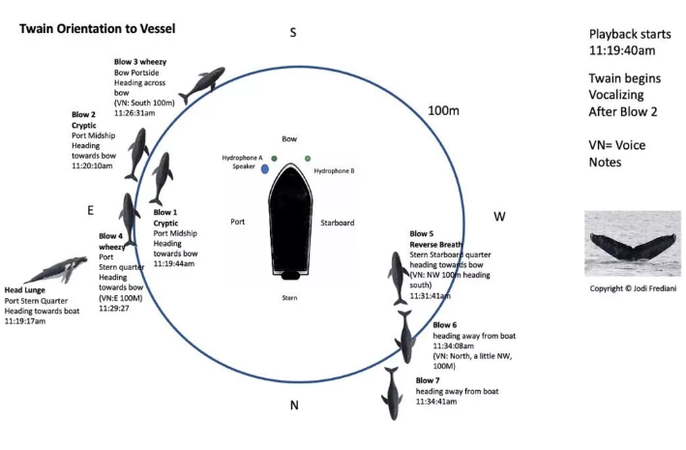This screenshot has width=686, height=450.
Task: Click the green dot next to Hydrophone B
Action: point(308,158)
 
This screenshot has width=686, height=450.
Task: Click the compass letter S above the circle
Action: point(293,34)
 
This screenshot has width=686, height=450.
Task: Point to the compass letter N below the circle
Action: point(294,405)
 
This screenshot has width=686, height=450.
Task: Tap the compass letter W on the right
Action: point(499,216)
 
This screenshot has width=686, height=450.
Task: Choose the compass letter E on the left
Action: point(90,209)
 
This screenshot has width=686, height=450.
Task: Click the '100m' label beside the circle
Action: point(443,111)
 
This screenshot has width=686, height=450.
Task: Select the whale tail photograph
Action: point(632,237)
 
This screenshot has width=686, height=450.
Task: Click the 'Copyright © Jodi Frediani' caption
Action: point(632,287)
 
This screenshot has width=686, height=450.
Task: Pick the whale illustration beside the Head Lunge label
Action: point(62,270)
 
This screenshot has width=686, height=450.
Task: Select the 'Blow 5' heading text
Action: point(423,233)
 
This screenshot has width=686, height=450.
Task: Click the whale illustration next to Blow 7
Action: point(392,392)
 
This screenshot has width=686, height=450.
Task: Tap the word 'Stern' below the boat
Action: point(289,296)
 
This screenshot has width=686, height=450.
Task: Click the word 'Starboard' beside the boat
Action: point(337,223)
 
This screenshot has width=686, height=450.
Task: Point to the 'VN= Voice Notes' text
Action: point(616,153)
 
